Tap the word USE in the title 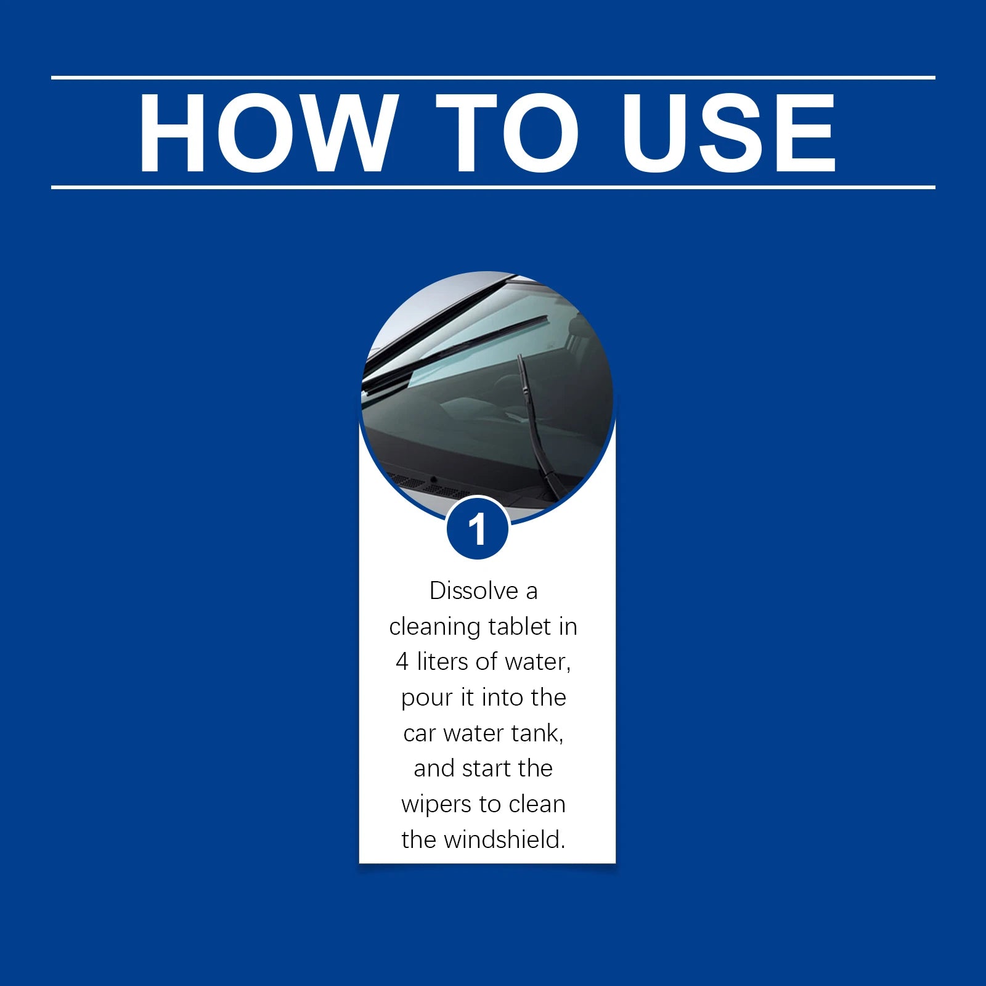pyautogui.click(x=728, y=132)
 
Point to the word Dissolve pyautogui.click(x=473, y=591)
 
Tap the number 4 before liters pyautogui.click(x=402, y=662)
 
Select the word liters pyautogui.click(x=444, y=662)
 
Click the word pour pyautogui.click(x=426, y=698)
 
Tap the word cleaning pyautogui.click(x=435, y=627)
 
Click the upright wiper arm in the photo pyautogui.click(x=535, y=425)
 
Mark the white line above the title pyautogui.click(x=493, y=78)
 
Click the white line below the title pyautogui.click(x=493, y=187)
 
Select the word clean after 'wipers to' pyautogui.click(x=537, y=804)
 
